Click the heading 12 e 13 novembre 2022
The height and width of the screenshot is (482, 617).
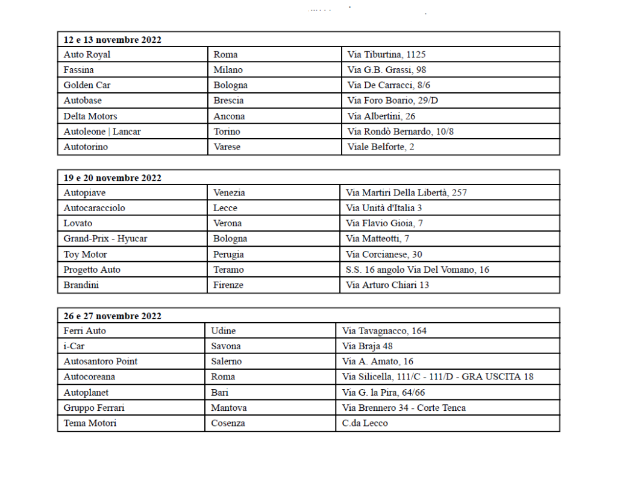coord(113,40)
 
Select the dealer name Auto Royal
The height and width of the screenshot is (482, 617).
coord(87,54)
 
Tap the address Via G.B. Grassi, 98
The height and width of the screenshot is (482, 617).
coord(387,70)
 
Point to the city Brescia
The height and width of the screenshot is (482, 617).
coord(228,101)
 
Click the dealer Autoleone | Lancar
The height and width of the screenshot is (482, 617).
coord(102,132)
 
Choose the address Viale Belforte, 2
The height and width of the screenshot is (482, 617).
coord(381,147)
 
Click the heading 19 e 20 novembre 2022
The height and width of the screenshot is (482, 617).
coord(113,178)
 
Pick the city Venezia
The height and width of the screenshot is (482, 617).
coord(229,193)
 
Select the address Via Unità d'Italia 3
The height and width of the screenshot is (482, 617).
coord(384,208)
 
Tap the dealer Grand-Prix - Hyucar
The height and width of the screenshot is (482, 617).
coord(105,239)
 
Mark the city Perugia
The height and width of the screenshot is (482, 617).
coord(228,255)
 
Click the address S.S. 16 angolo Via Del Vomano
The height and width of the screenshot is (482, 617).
coord(418,270)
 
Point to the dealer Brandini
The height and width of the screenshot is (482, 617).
coord(81,285)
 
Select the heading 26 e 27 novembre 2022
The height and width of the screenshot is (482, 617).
coord(113,316)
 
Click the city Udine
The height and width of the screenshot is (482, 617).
coord(224,331)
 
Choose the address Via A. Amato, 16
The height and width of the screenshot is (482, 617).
coord(378,361)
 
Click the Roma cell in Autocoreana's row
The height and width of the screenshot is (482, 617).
coord(223,377)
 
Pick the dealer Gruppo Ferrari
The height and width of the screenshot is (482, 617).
coord(94,408)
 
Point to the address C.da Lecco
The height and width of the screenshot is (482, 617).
coord(365,423)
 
